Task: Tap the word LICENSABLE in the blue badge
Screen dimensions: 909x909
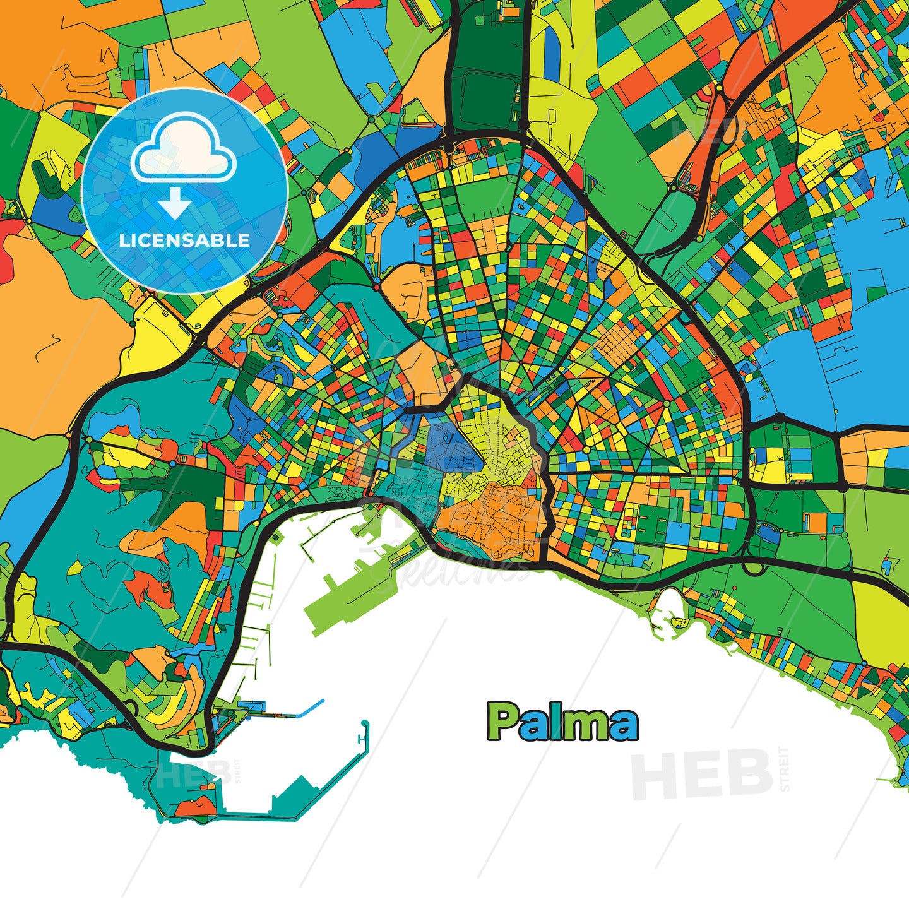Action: tap(184, 241)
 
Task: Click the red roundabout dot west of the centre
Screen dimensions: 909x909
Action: tap(377, 287)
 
